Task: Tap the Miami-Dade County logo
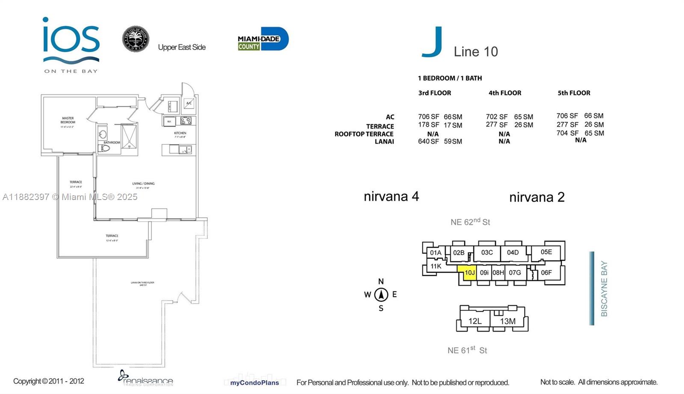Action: pos(262,39)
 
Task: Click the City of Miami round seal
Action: pos(136,39)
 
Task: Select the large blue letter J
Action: pos(432,42)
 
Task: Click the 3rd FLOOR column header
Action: pos(434,93)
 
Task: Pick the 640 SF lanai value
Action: pos(428,141)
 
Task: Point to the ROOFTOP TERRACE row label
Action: pos(364,134)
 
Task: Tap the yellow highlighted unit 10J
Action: pos(469,273)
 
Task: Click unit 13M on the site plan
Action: pos(507,321)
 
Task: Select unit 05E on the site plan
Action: pos(546,252)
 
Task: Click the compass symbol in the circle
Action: pos(381,294)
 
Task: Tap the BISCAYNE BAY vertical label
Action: pos(604,288)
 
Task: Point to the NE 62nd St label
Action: pos(470,222)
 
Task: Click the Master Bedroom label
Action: pos(68,120)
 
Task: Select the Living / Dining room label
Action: pos(143,184)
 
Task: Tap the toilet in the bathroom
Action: pos(104,148)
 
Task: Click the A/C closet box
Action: pos(189,103)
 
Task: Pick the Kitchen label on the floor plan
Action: pos(180,133)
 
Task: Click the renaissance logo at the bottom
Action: pos(145,378)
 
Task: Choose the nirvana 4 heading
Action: pos(391,197)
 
